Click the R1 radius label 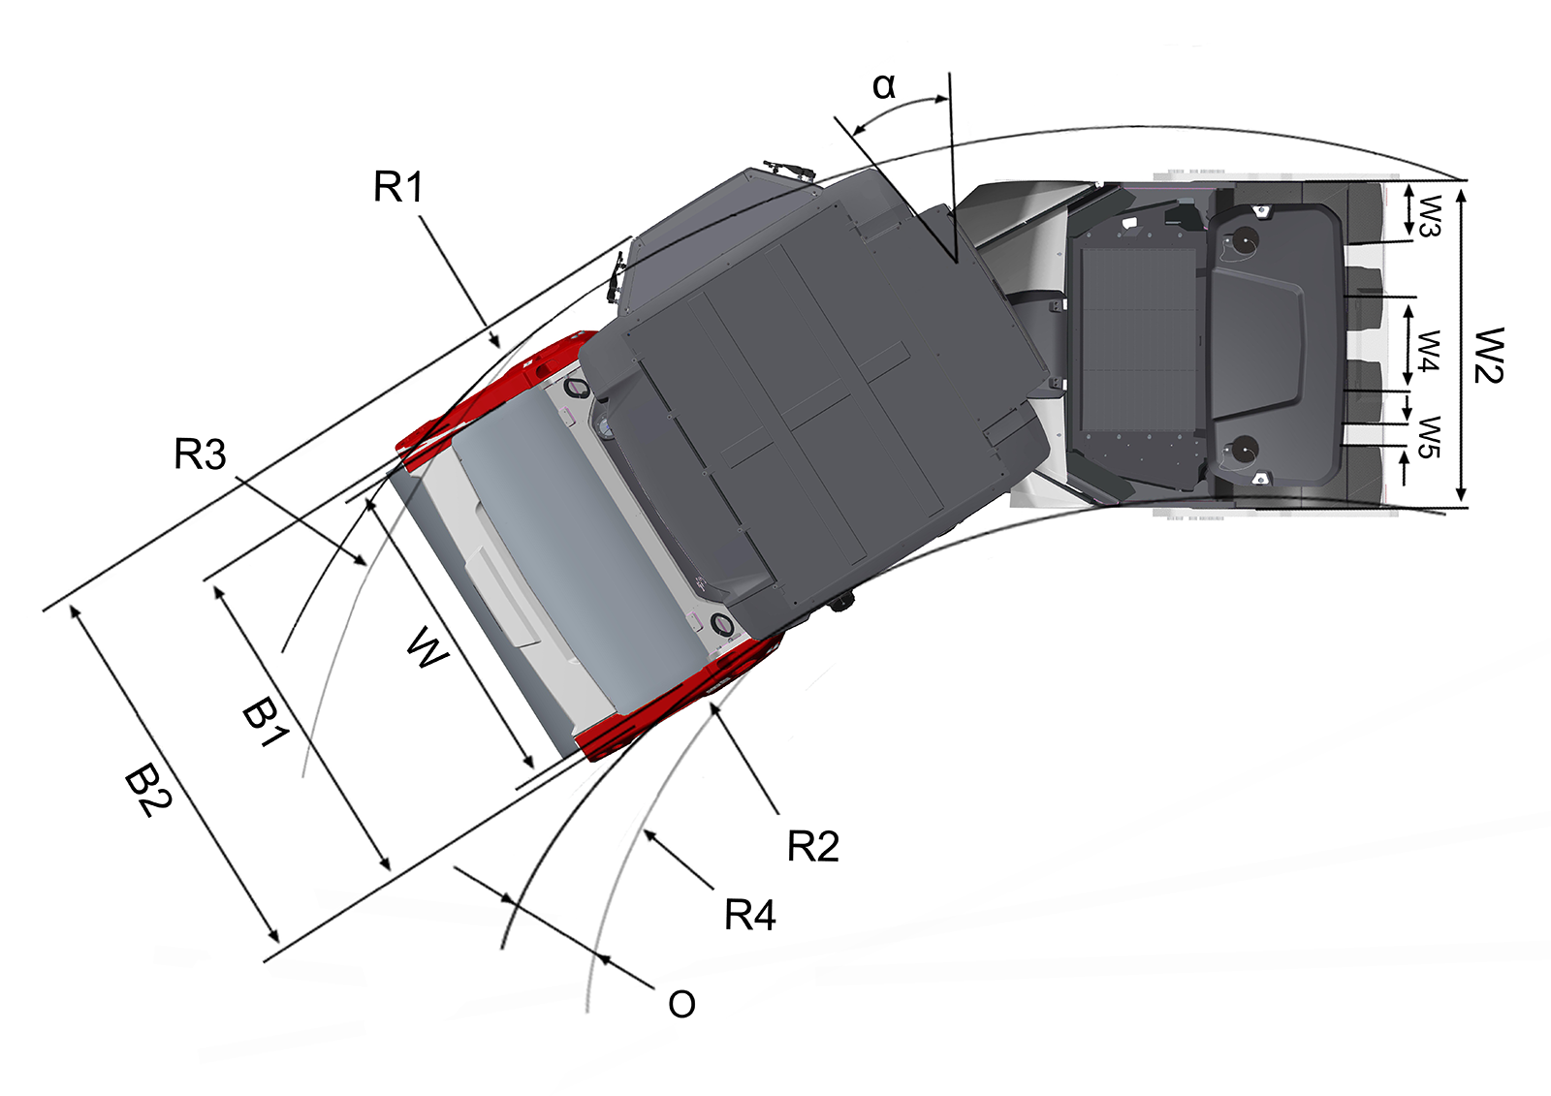[x=398, y=187]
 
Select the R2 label [x=813, y=846]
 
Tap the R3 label [x=200, y=454]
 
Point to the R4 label [x=750, y=915]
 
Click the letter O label [x=681, y=1004]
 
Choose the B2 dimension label [x=147, y=793]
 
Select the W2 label [x=1488, y=356]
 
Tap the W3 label [x=1429, y=216]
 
